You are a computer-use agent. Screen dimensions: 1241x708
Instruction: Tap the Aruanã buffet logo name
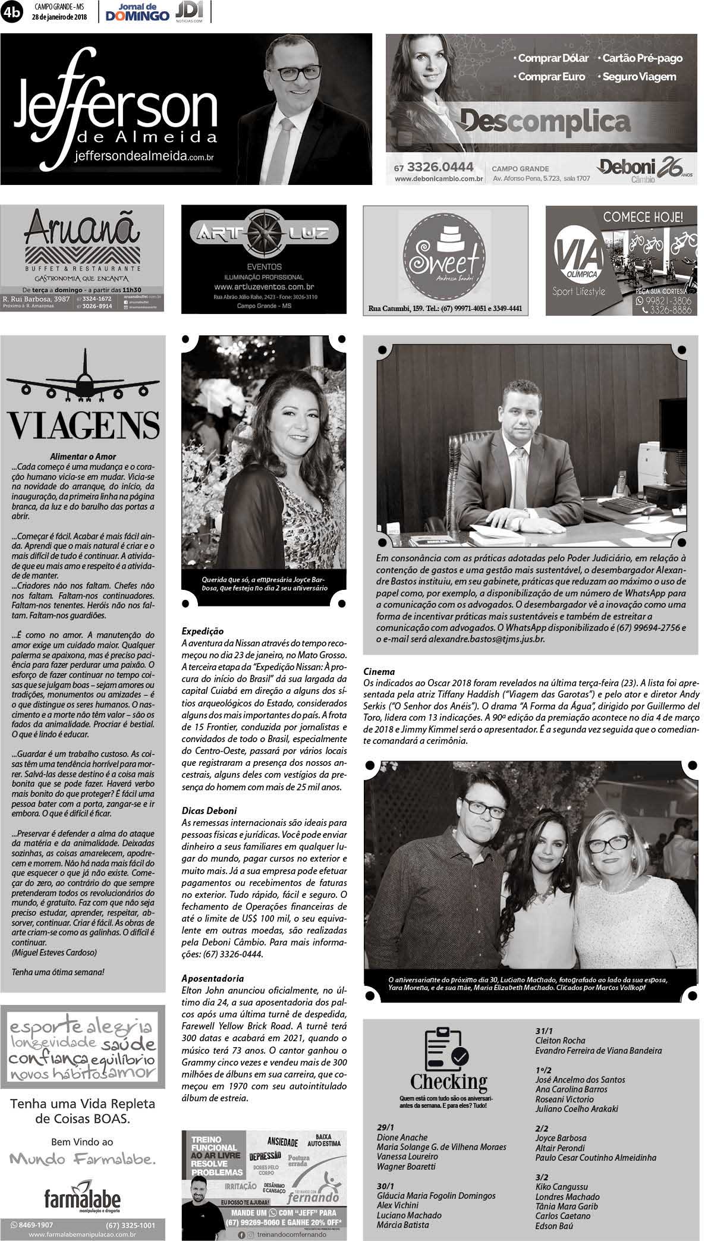[x=82, y=229]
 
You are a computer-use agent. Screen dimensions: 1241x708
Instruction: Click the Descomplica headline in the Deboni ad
[x=545, y=122]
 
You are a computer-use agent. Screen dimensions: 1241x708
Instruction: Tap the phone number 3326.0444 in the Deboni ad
[x=440, y=167]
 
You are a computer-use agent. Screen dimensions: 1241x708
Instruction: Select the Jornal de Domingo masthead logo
[x=137, y=12]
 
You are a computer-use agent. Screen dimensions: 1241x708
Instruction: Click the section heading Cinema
[x=379, y=671]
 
